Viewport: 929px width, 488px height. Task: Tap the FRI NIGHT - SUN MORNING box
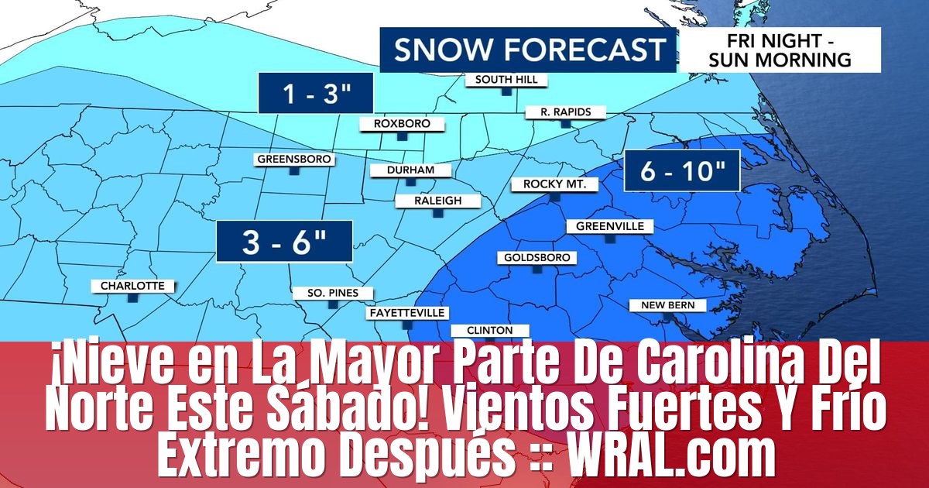click(x=780, y=50)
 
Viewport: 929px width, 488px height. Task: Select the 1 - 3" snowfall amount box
click(x=317, y=95)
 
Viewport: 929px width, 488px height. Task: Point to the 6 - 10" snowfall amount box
click(x=682, y=171)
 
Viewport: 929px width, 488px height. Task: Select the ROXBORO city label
click(x=402, y=124)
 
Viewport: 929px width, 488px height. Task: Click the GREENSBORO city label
click(x=294, y=160)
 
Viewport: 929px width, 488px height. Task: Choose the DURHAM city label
click(x=412, y=170)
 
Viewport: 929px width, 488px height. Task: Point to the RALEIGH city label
click(x=438, y=201)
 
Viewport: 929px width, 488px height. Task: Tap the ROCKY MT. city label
click(x=554, y=184)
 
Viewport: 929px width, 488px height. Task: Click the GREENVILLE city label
click(x=610, y=227)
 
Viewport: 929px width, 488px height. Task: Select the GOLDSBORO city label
click(x=537, y=257)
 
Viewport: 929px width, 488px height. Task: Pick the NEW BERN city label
click(x=667, y=305)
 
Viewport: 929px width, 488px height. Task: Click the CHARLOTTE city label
click(x=132, y=286)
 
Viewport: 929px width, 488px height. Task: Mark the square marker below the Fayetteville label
click(x=407, y=325)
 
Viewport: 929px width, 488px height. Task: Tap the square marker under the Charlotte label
click(x=132, y=297)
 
